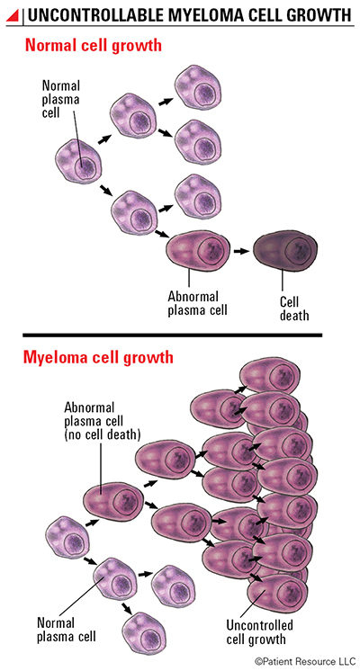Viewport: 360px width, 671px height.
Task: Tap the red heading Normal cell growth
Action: click(94, 45)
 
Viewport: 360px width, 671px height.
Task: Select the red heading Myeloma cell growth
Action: click(98, 356)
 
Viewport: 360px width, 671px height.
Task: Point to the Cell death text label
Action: click(294, 309)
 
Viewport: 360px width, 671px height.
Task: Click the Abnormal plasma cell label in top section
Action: click(197, 303)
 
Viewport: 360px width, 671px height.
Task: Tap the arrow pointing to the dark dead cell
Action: click(241, 251)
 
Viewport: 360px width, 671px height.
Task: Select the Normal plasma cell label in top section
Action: click(61, 99)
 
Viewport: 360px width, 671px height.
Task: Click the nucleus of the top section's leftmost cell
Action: click(85, 166)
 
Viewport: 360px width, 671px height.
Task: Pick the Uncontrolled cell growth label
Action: click(259, 631)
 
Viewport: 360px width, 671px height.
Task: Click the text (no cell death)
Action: click(103, 434)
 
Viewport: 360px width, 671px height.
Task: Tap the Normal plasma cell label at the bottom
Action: click(67, 629)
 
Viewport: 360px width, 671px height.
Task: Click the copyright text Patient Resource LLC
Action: click(305, 662)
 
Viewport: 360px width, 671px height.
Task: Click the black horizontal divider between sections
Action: click(172, 335)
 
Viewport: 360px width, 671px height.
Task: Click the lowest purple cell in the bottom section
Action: click(145, 633)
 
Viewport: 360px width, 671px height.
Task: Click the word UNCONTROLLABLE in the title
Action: click(95, 15)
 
